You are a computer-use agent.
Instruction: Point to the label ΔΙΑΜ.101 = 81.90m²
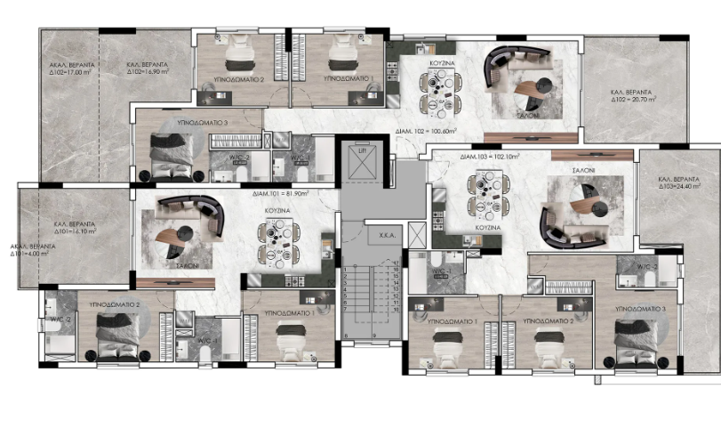point(280,192)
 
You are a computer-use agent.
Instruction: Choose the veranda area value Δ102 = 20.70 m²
point(632,100)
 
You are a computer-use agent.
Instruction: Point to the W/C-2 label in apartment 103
point(646,266)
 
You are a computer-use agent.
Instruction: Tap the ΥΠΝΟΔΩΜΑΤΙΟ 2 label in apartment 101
point(116,304)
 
